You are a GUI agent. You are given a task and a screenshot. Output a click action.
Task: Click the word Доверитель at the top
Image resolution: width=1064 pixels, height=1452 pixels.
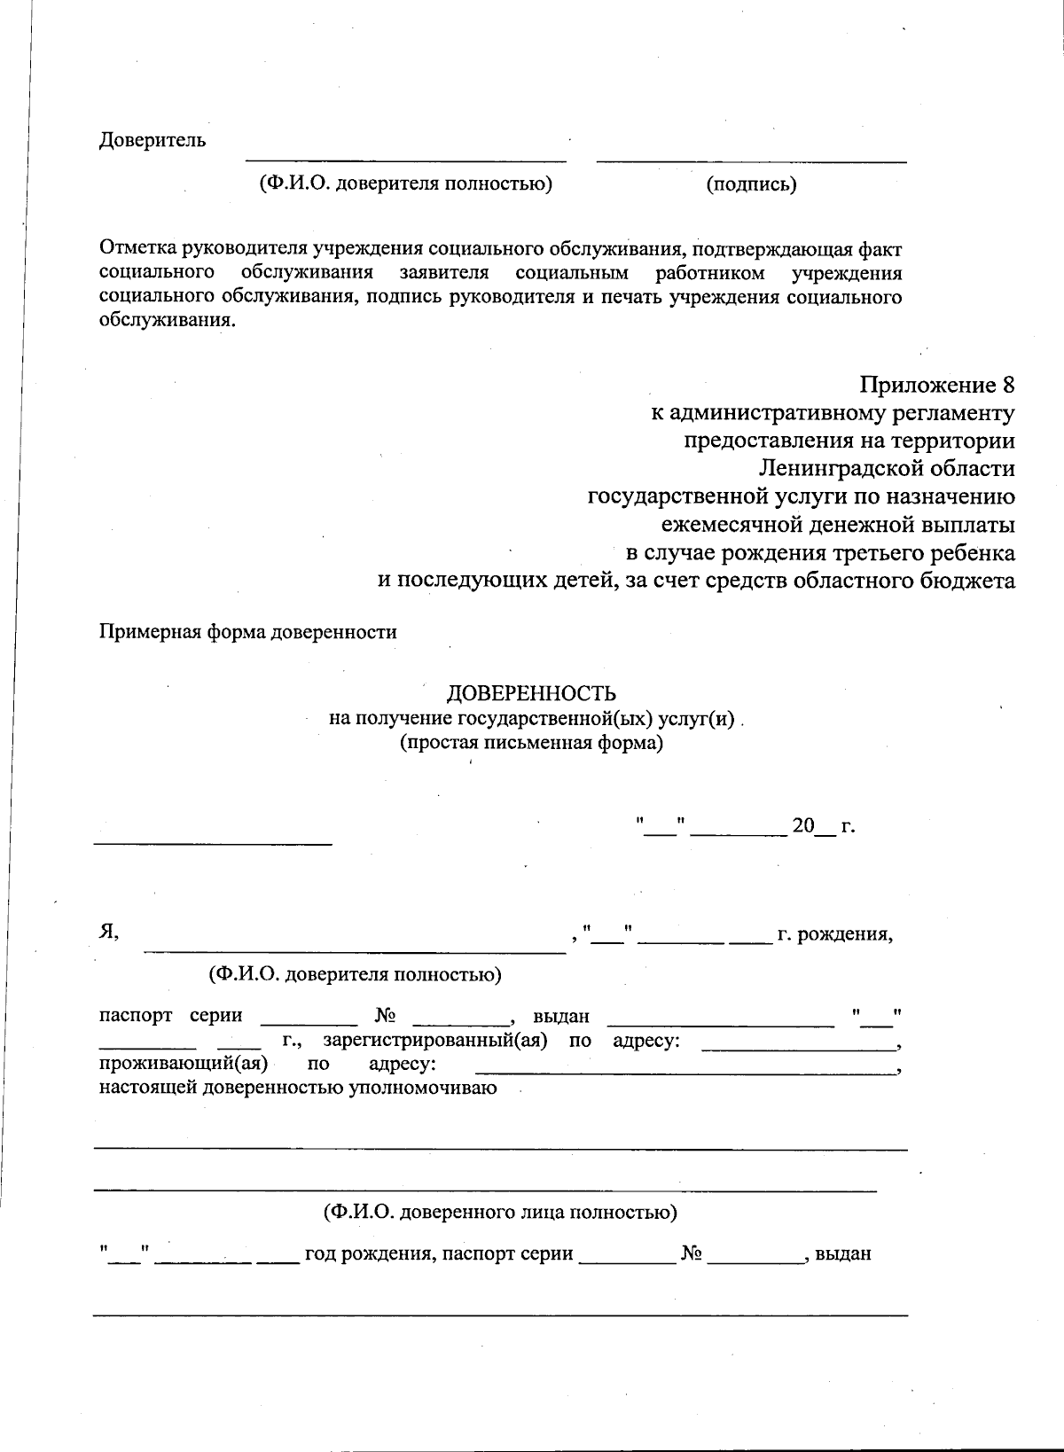pos(152,140)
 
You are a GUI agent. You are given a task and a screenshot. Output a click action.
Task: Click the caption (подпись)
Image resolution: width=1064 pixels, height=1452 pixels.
pos(751,184)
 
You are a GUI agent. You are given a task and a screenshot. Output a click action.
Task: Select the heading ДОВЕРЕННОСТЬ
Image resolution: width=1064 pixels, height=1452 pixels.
pos(530,693)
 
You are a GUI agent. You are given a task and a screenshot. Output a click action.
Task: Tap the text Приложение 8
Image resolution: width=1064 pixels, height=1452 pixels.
pos(936,386)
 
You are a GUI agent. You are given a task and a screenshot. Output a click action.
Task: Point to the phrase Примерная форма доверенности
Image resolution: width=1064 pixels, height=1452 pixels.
pos(247,632)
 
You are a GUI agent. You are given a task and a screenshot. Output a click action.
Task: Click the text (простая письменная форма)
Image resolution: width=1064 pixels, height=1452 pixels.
pos(531,743)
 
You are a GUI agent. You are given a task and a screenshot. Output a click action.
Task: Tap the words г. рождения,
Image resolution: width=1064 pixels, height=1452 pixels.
pos(834,934)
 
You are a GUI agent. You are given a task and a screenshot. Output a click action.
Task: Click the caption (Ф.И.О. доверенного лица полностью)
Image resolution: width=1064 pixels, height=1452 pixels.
pos(500,1212)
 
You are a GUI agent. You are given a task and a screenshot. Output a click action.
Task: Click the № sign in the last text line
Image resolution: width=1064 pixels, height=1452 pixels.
pos(692,1254)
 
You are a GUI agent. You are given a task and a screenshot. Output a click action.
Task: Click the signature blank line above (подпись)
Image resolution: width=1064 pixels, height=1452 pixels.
pos(751,161)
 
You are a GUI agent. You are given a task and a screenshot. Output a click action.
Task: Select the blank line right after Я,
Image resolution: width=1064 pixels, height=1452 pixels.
pos(355,951)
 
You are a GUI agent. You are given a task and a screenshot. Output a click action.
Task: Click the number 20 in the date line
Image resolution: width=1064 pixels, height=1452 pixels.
pos(802,826)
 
